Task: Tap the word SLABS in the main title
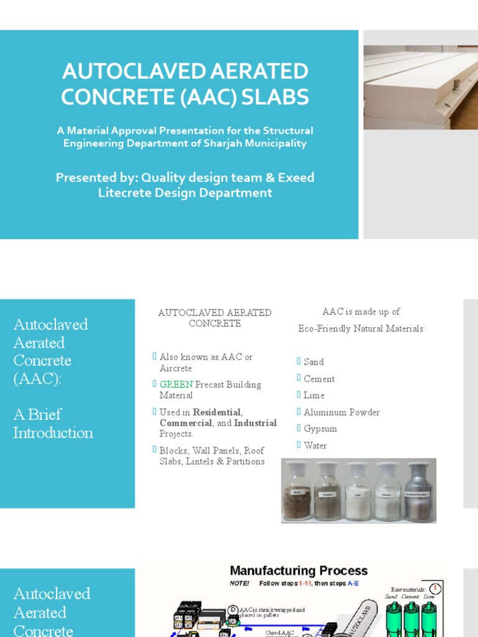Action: (278, 97)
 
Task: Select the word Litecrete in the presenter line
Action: (124, 193)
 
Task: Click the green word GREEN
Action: (176, 384)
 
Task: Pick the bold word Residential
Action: (217, 412)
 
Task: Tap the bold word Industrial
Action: (255, 423)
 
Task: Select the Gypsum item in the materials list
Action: (320, 429)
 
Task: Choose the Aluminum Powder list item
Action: (341, 412)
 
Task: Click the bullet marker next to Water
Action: (299, 445)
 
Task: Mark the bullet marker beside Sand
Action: (299, 361)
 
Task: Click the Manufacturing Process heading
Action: (299, 570)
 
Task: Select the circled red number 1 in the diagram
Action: (436, 588)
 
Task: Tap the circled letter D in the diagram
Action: (233, 609)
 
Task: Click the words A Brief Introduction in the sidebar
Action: (53, 424)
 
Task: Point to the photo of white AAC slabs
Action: (421, 87)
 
